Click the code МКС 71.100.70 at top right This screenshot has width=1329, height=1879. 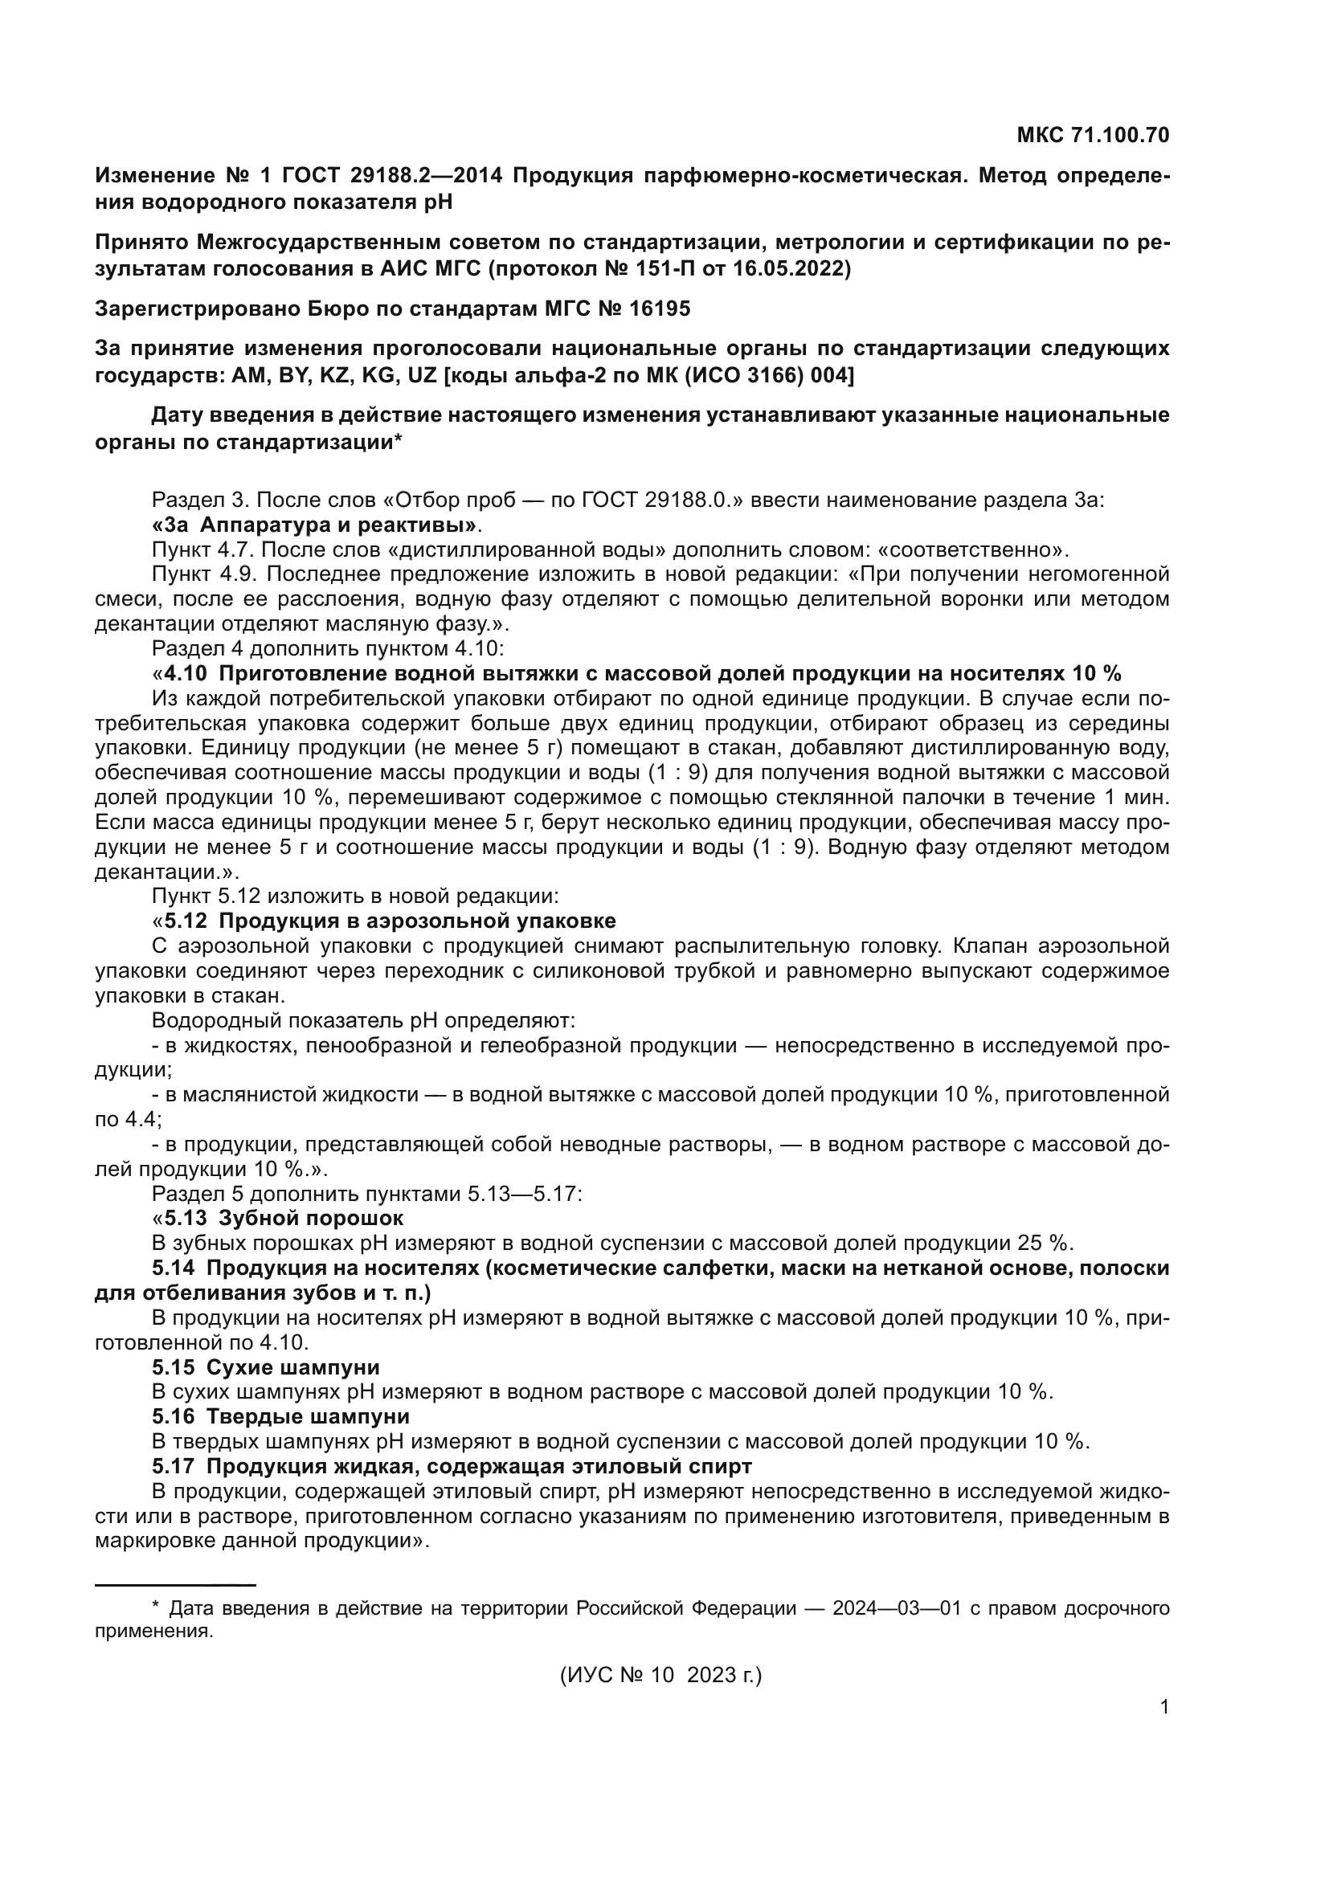pyautogui.click(x=1093, y=135)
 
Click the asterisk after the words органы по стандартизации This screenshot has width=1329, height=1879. pyautogui.click(x=398, y=442)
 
